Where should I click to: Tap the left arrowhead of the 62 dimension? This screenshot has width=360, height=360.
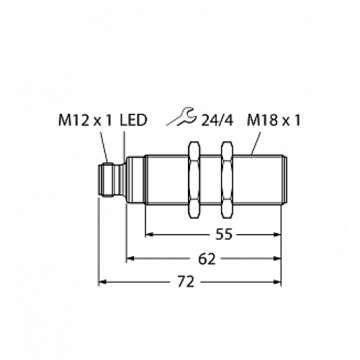pos(132,258)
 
